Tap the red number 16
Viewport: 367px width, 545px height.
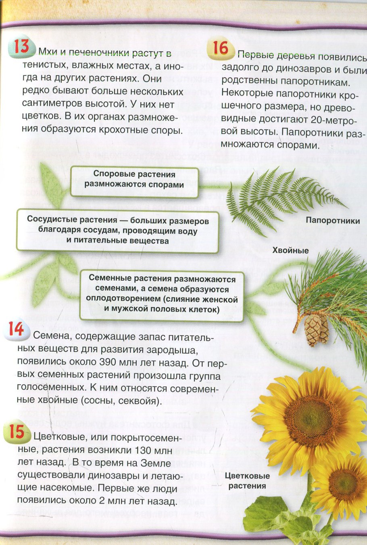(x=220, y=48)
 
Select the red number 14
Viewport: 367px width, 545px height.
(x=16, y=329)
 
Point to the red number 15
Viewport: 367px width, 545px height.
(x=17, y=432)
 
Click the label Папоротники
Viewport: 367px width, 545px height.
(x=332, y=220)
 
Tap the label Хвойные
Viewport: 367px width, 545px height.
(x=290, y=250)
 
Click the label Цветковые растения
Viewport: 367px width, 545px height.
(x=247, y=481)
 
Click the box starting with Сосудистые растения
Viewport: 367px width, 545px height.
(x=118, y=231)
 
